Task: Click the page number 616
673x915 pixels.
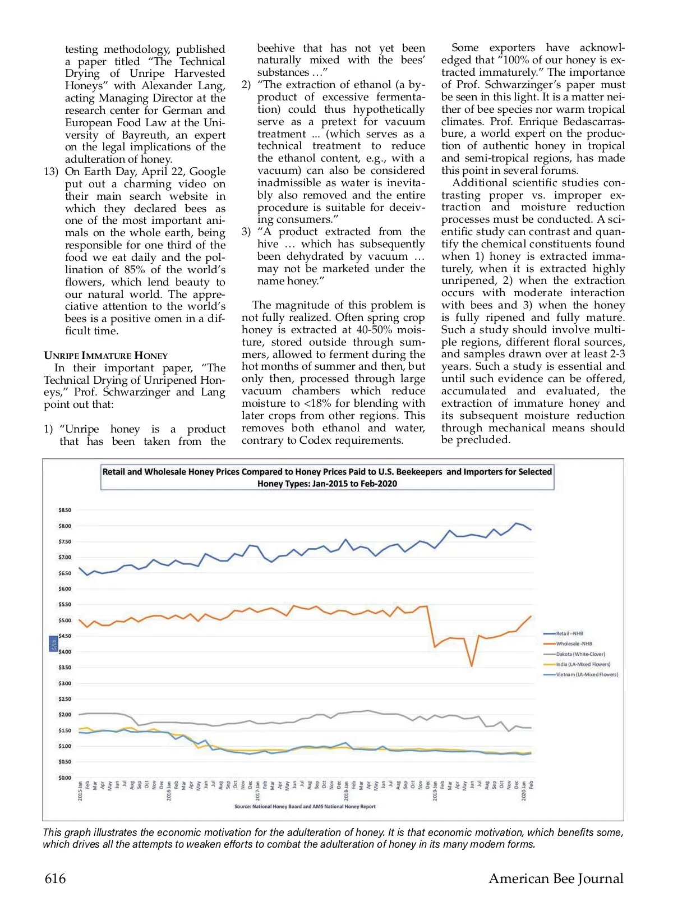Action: [55, 879]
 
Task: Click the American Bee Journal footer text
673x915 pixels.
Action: [556, 879]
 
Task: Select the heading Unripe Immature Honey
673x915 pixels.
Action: [105, 356]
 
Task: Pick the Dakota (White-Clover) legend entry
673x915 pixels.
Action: [580, 654]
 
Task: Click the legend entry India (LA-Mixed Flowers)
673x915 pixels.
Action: [583, 664]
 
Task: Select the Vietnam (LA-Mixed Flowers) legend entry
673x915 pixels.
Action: [587, 674]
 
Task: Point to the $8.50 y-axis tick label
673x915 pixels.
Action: [64, 510]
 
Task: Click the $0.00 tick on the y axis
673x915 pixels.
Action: [64, 778]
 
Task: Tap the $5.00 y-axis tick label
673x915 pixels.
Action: [64, 620]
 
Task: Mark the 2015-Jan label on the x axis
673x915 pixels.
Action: [80, 791]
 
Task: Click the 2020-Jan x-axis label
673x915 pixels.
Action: [524, 791]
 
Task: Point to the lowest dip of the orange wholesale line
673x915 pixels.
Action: [472, 666]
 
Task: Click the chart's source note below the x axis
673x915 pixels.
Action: [305, 807]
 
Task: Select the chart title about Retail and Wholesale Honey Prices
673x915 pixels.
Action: [327, 477]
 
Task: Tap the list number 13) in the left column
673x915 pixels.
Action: [51, 172]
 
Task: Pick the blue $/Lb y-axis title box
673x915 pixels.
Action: [54, 643]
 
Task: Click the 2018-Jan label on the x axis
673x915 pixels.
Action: [346, 791]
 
